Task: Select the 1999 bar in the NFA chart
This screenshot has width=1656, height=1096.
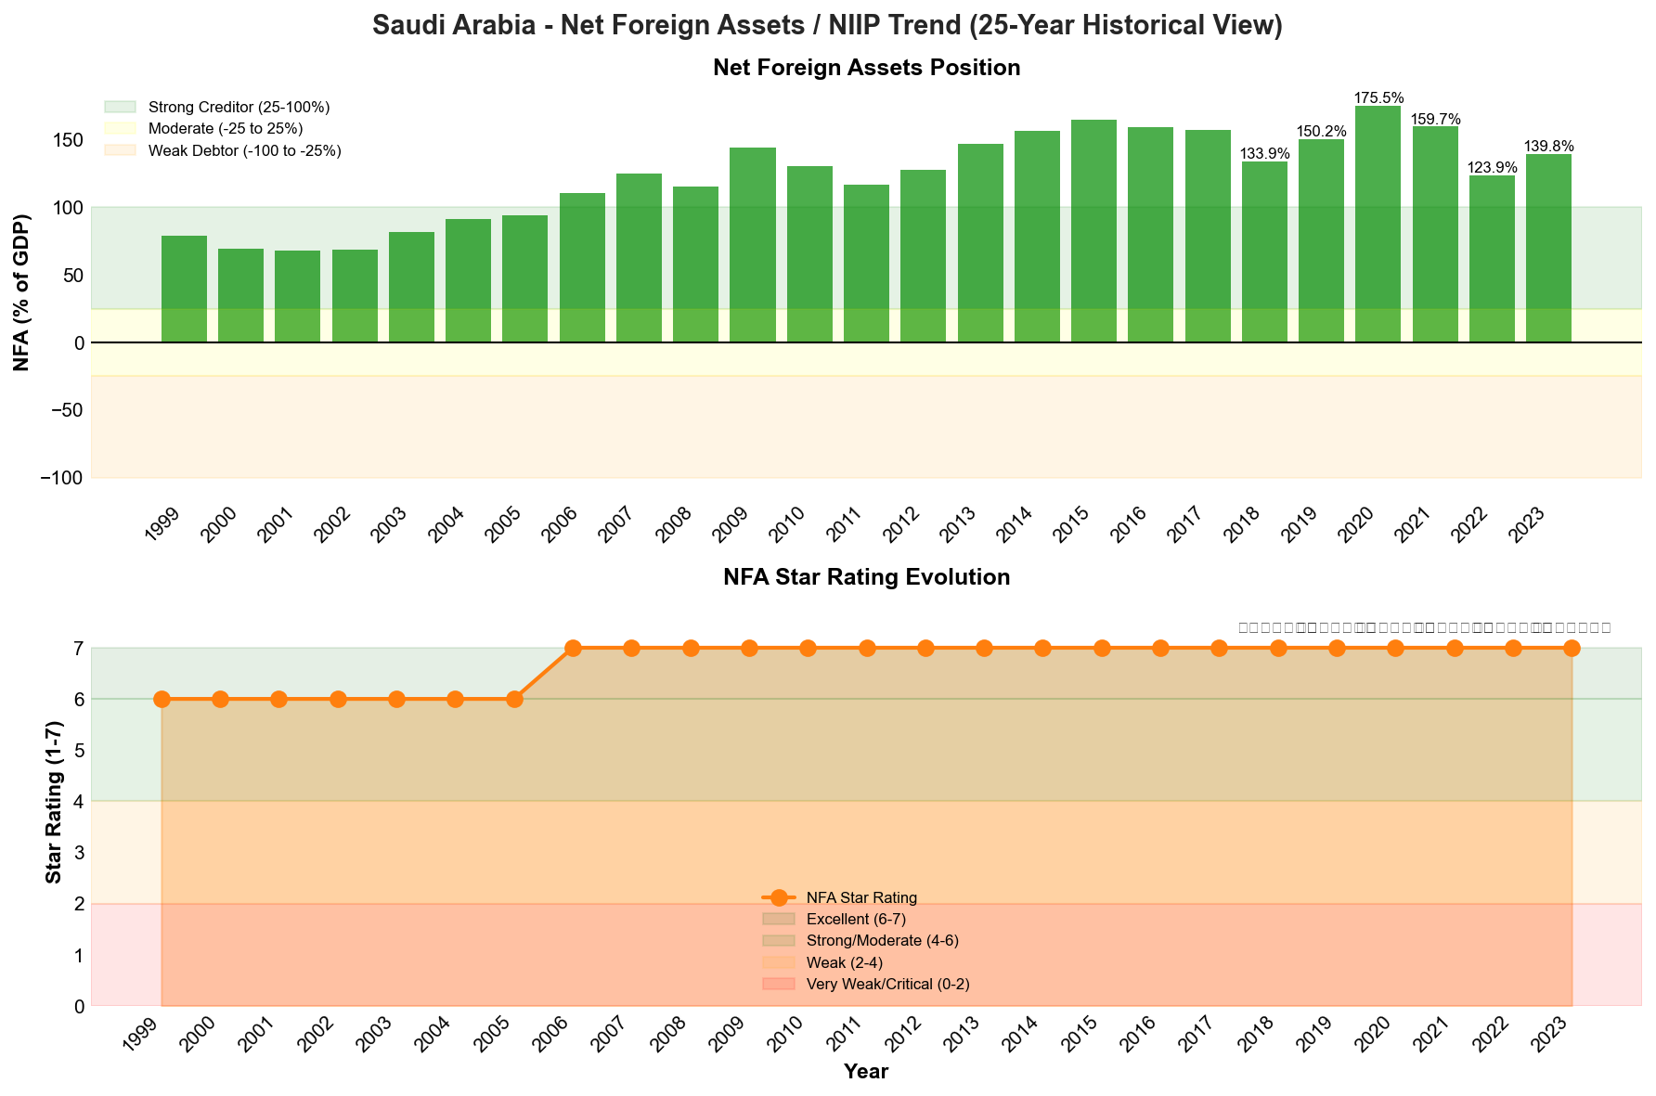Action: [184, 290]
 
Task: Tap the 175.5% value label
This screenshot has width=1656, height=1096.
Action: [1378, 97]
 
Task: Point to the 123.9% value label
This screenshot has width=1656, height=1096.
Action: [1493, 168]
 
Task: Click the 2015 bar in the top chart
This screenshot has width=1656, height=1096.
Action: [1093, 231]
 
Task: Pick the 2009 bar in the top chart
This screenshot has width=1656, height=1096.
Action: [752, 245]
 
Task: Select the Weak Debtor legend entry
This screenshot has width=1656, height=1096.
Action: [244, 150]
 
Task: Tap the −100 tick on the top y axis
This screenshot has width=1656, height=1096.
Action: [62, 478]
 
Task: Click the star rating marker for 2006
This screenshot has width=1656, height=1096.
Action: [573, 648]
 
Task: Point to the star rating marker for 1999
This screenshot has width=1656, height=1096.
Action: [162, 699]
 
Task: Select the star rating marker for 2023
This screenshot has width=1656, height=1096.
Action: [1572, 648]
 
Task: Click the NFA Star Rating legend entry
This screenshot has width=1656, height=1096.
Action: [862, 897]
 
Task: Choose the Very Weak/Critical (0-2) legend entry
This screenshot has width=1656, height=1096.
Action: [887, 984]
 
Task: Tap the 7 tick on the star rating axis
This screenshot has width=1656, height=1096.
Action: [78, 648]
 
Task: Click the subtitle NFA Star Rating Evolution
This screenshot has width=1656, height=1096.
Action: [866, 577]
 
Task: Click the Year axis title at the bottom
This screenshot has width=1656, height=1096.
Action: [866, 1072]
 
